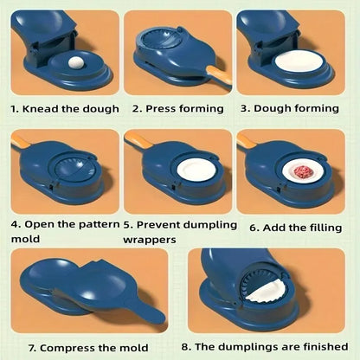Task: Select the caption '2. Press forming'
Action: click(177, 109)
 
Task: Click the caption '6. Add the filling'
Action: click(295, 228)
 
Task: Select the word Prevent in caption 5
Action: click(161, 225)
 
